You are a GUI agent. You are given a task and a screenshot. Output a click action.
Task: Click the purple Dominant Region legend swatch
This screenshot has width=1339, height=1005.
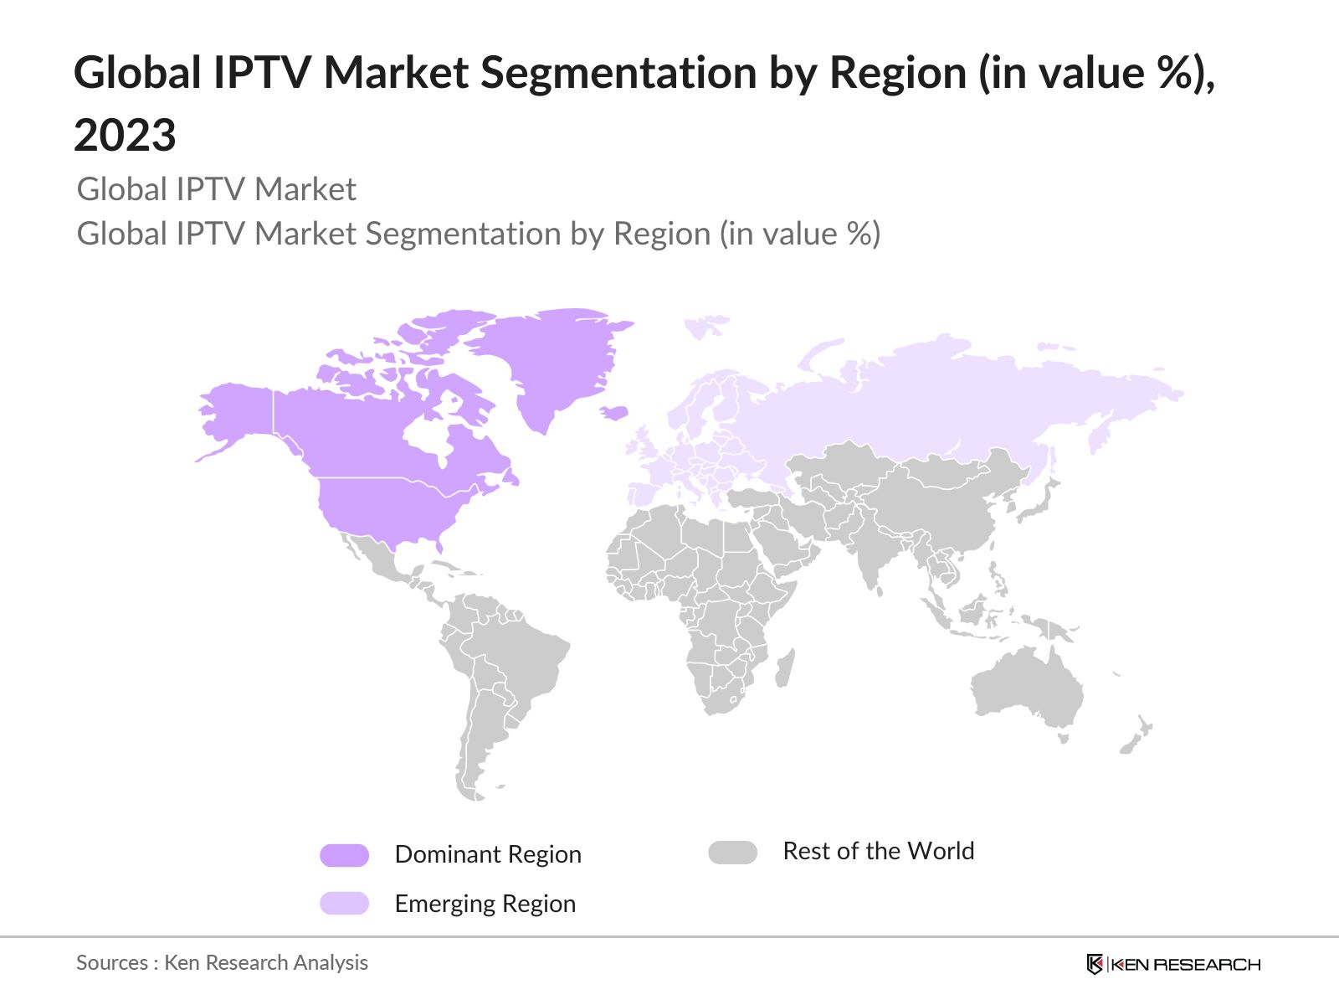[344, 855]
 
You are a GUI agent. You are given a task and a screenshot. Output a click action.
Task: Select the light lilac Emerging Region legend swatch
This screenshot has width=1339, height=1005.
[344, 904]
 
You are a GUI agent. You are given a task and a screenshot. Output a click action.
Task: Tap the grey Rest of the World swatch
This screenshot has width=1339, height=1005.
[732, 853]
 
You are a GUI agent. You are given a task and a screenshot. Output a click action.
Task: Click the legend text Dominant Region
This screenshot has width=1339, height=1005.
[488, 854]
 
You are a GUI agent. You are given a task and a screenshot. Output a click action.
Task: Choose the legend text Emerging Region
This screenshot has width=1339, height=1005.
[485, 904]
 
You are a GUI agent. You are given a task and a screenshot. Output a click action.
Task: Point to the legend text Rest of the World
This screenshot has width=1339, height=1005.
[878, 851]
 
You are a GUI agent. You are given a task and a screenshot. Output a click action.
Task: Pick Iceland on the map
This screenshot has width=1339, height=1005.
[614, 412]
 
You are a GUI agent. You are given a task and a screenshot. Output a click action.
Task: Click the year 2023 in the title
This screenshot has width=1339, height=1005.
[125, 135]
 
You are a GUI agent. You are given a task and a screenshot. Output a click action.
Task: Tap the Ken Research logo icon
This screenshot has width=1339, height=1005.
[1095, 964]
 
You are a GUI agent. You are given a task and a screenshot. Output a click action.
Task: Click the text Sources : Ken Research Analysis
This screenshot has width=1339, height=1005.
[222, 962]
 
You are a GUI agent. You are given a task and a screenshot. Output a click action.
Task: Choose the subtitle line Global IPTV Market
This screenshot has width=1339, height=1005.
[216, 189]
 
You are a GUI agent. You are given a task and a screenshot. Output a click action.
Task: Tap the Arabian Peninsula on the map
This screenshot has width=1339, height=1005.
[782, 544]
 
